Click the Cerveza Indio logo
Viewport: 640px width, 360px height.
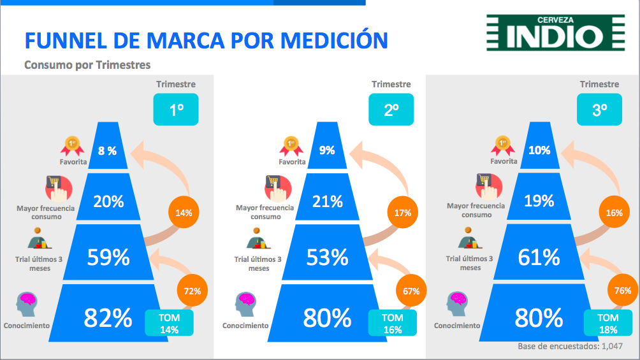point(555,32)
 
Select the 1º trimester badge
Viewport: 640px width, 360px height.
point(176,110)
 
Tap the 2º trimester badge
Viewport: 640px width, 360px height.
point(391,110)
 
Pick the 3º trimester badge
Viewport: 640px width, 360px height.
point(599,110)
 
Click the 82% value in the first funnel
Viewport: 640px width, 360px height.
point(108,318)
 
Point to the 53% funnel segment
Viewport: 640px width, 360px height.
point(328,252)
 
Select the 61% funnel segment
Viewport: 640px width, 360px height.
point(539,252)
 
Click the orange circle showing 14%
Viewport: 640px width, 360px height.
point(184,212)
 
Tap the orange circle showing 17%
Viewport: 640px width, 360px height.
point(403,212)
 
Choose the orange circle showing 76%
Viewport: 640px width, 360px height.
point(623,290)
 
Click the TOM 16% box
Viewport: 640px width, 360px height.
point(393,323)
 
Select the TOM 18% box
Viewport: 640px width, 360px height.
point(608,323)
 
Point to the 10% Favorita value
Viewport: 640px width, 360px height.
point(539,150)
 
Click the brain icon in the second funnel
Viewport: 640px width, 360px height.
point(245,304)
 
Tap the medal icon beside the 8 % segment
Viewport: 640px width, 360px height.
point(72,146)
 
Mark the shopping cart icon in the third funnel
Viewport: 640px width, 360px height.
point(488,187)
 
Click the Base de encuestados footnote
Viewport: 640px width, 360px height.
point(571,346)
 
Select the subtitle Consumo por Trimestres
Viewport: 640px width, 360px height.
point(87,65)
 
